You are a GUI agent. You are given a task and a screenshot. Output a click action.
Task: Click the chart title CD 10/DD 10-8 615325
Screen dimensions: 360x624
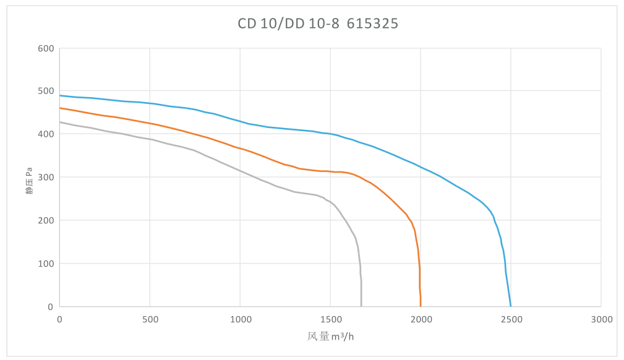point(318,24)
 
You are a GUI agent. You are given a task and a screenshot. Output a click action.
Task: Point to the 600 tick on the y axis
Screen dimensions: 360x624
point(46,48)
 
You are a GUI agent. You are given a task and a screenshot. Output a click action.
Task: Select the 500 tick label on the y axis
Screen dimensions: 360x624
point(46,91)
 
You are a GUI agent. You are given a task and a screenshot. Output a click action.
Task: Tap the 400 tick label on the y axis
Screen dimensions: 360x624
point(46,134)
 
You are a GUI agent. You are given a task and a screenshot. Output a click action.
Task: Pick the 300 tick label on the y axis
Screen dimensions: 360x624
point(46,178)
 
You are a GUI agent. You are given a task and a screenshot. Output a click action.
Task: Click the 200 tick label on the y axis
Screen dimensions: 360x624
point(46,220)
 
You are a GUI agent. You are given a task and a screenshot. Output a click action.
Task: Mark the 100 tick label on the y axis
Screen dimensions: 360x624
point(46,264)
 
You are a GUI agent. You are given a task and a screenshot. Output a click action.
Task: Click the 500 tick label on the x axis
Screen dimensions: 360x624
point(150,319)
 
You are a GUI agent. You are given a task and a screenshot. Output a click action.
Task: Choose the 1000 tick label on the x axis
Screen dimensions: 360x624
point(240,319)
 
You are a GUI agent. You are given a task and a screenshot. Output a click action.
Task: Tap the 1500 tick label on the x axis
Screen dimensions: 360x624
point(330,319)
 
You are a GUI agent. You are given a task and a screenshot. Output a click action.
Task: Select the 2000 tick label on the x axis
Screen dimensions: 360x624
point(421,319)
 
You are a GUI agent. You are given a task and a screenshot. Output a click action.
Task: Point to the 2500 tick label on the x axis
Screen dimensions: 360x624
point(511,319)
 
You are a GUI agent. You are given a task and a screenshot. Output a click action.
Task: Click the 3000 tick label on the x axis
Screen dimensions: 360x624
point(601,319)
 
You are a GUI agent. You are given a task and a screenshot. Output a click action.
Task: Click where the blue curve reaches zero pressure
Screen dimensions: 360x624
point(511,306)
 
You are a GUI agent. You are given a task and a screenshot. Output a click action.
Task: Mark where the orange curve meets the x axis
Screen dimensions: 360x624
point(421,306)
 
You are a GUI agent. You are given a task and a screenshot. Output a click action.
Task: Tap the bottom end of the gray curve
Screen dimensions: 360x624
point(361,306)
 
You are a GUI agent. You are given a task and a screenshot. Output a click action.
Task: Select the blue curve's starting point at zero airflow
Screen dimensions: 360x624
point(60,95)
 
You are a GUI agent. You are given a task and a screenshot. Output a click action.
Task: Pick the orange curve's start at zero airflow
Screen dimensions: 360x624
point(60,108)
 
